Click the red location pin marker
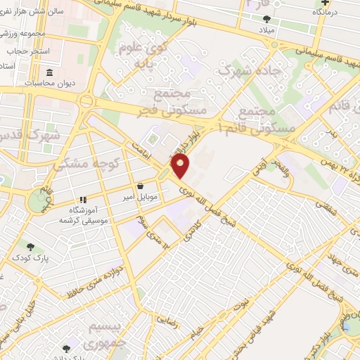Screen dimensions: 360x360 click(x=181, y=166)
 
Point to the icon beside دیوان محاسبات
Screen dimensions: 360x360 click(x=49, y=74)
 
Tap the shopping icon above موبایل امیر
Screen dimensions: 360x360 click(x=141, y=186)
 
